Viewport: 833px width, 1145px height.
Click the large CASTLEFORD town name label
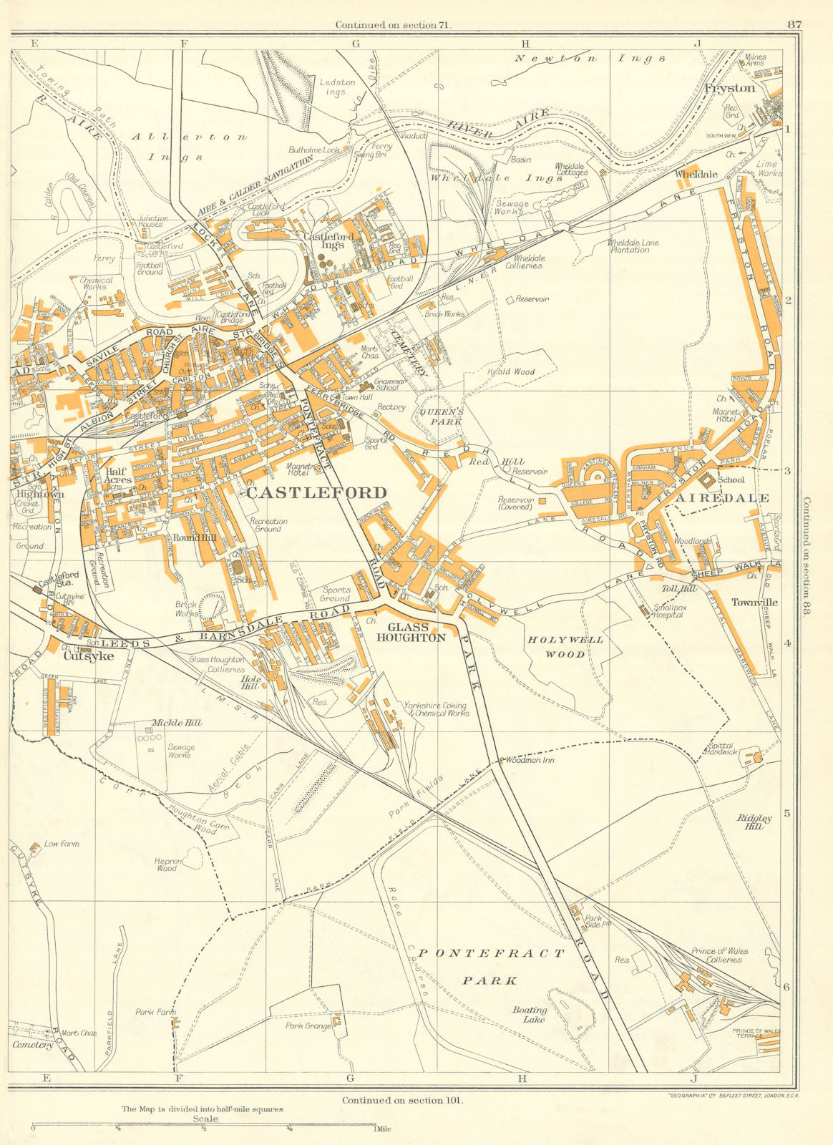pyautogui.click(x=316, y=492)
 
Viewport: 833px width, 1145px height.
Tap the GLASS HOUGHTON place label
pyautogui.click(x=411, y=633)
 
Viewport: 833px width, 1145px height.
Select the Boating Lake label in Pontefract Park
pyautogui.click(x=530, y=1014)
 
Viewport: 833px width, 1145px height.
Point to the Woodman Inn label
pyautogui.click(x=529, y=760)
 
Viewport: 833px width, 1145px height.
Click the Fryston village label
pyautogui.click(x=729, y=88)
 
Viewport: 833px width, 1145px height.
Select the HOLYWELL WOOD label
pyautogui.click(x=565, y=646)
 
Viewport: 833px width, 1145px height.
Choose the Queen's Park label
pyautogui.click(x=442, y=416)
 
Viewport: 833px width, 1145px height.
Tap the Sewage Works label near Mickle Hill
pyautogui.click(x=181, y=751)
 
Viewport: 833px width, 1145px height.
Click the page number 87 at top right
pyautogui.click(x=794, y=24)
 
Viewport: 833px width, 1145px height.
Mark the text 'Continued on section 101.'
pyautogui.click(x=402, y=1100)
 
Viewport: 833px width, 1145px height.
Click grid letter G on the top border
pyautogui.click(x=354, y=43)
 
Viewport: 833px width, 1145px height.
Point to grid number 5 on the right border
pyautogui.click(x=788, y=814)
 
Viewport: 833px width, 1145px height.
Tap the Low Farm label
pyautogui.click(x=62, y=844)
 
